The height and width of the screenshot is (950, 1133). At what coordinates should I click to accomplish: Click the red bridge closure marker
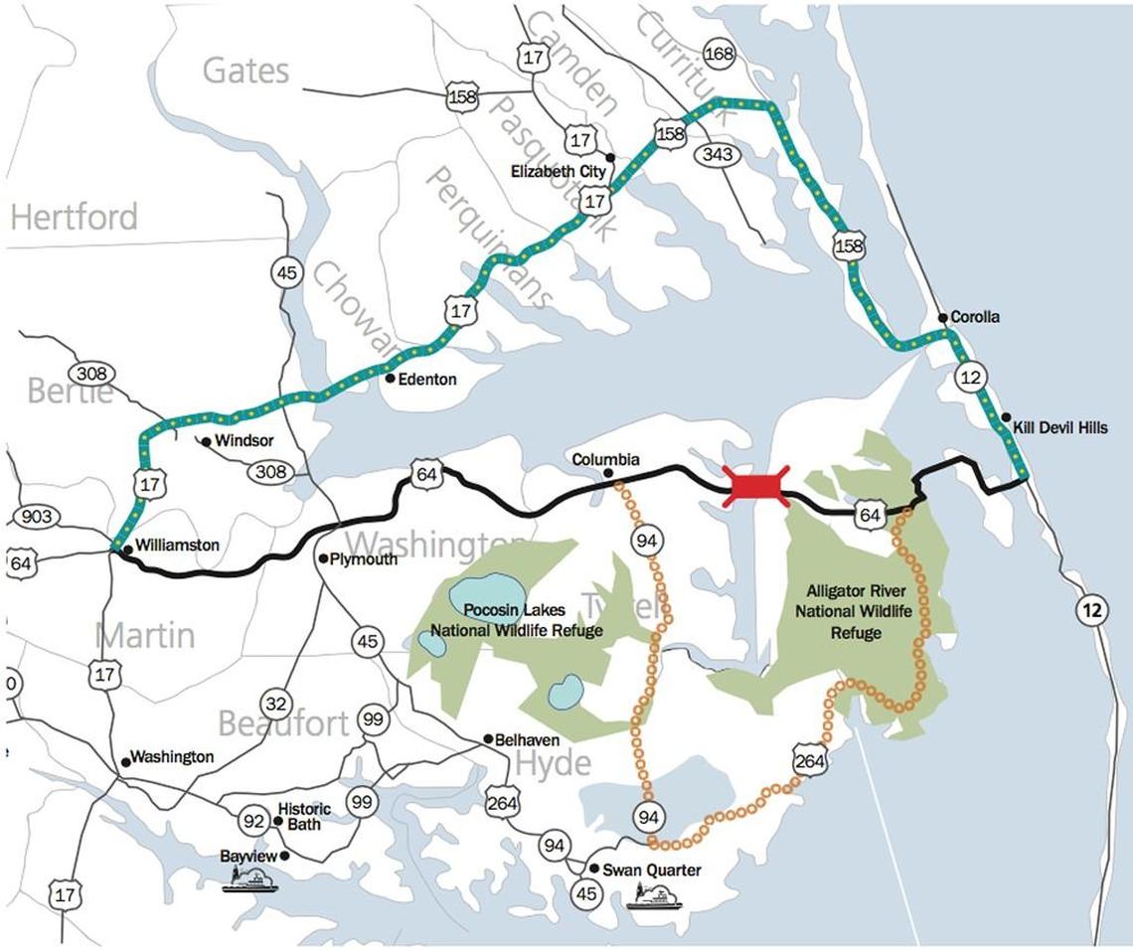(756, 487)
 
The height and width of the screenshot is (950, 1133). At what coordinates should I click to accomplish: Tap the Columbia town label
(605, 460)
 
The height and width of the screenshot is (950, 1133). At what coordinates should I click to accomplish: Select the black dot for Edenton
(391, 378)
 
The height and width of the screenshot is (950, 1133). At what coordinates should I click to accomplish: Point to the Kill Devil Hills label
(1059, 427)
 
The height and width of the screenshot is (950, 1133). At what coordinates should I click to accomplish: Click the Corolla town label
(975, 317)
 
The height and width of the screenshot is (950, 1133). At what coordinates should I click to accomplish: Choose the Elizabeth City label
(558, 172)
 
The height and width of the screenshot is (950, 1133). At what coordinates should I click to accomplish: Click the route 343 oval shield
(717, 154)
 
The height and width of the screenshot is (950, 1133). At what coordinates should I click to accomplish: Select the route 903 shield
(36, 517)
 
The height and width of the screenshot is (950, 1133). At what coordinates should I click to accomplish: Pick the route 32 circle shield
(276, 705)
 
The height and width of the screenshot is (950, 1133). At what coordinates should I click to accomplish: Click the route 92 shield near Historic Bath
(252, 821)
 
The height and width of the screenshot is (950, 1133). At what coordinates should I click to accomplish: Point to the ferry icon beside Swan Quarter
(654, 897)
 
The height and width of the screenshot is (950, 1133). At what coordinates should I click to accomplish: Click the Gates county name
(245, 70)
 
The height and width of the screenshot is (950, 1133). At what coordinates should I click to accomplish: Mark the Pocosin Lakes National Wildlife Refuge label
(516, 621)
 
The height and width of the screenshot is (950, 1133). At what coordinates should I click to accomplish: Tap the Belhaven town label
(528, 740)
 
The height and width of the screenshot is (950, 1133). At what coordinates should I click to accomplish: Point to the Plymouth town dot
(323, 558)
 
